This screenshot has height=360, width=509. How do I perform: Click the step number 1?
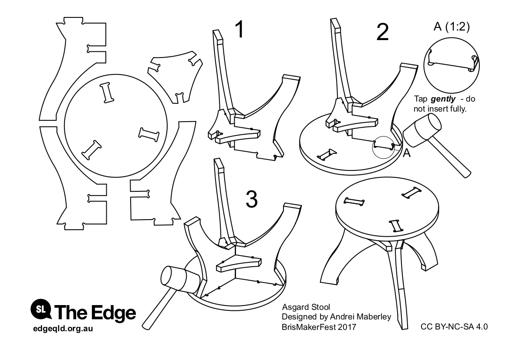pyautogui.click(x=240, y=29)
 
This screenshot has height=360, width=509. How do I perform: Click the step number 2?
pyautogui.click(x=382, y=32)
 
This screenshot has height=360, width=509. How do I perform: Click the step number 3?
pyautogui.click(x=252, y=199)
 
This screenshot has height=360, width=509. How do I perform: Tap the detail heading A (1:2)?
pyautogui.click(x=452, y=26)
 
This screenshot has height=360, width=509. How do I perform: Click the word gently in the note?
pyautogui.click(x=443, y=99)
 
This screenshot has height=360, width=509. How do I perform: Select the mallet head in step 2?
pyautogui.click(x=421, y=131)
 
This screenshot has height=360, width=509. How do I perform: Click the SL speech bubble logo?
pyautogui.click(x=41, y=309)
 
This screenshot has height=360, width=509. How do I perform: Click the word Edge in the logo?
pyautogui.click(x=113, y=312)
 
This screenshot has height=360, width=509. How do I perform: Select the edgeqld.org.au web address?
pyautogui.click(x=63, y=329)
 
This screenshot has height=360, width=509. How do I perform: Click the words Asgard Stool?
pyautogui.click(x=306, y=307)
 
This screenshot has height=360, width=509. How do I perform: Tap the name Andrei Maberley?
pyautogui.click(x=361, y=317)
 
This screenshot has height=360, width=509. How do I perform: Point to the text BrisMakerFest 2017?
pyautogui.click(x=319, y=327)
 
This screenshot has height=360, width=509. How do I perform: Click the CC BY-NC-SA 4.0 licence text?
pyautogui.click(x=454, y=327)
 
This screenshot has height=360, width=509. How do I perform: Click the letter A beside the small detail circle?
pyautogui.click(x=406, y=153)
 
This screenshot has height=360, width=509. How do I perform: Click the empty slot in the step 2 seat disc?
pyautogui.click(x=327, y=155)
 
